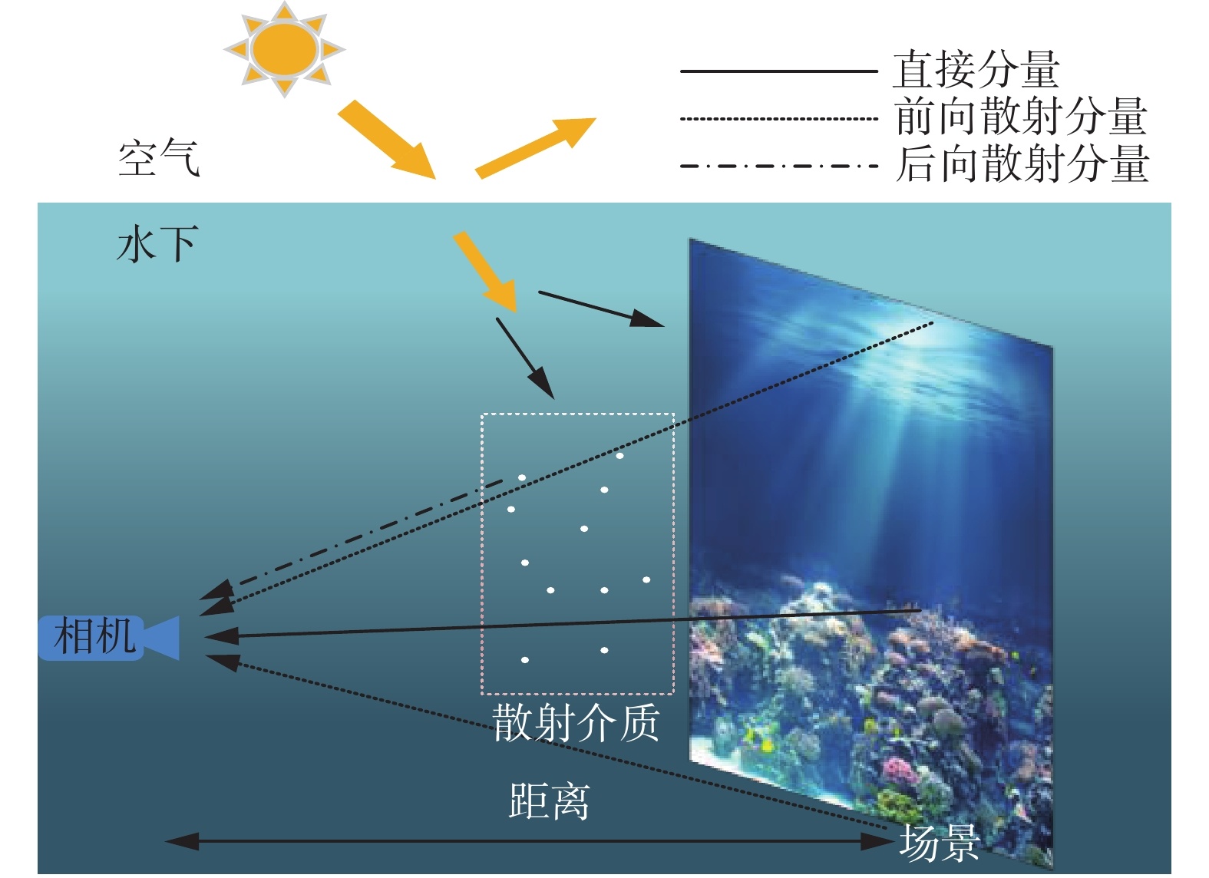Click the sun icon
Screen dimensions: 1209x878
tap(285, 49)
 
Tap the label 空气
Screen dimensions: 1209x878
tap(159, 159)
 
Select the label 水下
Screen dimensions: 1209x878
tap(157, 244)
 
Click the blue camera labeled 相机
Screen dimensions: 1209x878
tap(107, 637)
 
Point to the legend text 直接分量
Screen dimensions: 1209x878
tap(976, 70)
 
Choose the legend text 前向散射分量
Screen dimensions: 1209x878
tap(1020, 117)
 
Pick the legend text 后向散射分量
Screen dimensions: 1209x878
tap(1022, 164)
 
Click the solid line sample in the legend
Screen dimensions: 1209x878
tap(778, 71)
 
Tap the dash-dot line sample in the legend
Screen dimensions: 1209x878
tap(778, 166)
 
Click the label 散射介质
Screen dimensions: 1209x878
tap(576, 722)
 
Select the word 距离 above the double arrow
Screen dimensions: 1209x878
tap(549, 801)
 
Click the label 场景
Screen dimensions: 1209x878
tap(939, 842)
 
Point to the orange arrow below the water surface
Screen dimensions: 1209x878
tap(485, 272)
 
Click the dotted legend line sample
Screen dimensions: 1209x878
tap(778, 119)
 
